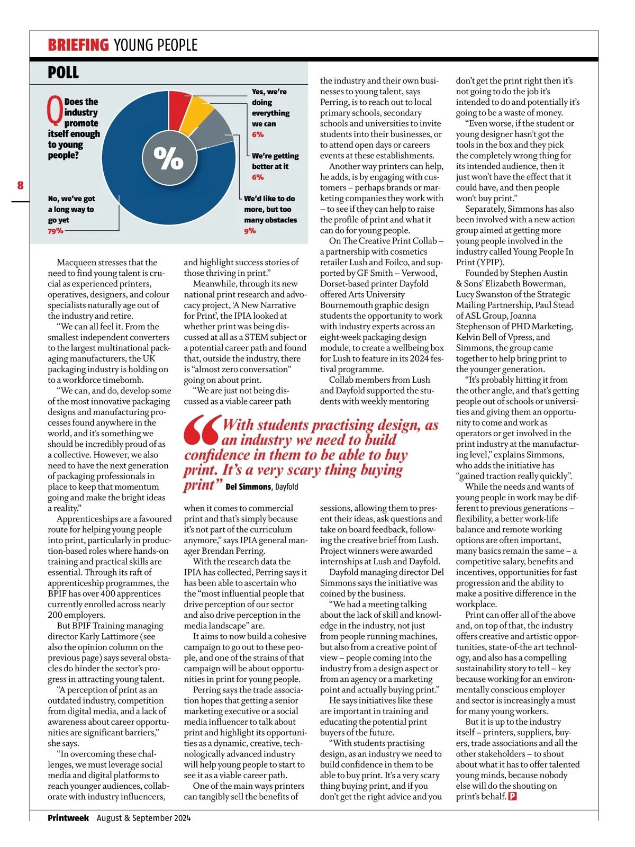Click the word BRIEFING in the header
point(78,45)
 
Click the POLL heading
point(63,73)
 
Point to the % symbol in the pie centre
point(168,157)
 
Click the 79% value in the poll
point(56,231)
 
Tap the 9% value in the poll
point(250,231)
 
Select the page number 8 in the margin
point(20,185)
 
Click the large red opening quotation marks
point(202,430)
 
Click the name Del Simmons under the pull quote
point(249,486)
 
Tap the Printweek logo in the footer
point(68,818)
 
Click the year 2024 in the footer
point(182,818)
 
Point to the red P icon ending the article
point(512,796)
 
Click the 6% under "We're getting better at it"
point(258,177)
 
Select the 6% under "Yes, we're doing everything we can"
point(258,134)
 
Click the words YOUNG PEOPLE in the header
point(156,45)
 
